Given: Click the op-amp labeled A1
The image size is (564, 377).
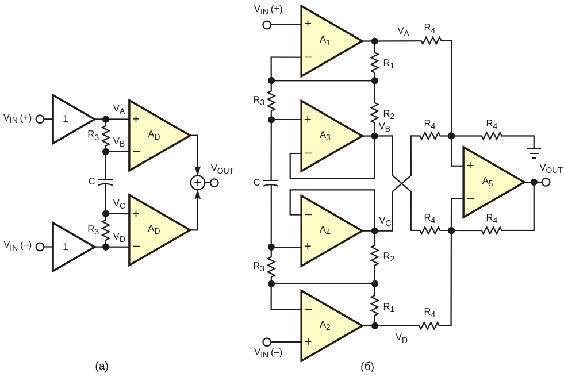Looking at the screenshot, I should click(x=328, y=41).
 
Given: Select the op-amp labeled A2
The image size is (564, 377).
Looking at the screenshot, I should click(x=328, y=325).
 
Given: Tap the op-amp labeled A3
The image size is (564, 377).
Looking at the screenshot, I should click(x=328, y=136).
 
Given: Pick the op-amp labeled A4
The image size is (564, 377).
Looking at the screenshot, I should click(x=328, y=230).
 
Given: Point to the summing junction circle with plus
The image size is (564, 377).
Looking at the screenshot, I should click(x=197, y=183).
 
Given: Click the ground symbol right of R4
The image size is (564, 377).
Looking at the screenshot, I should click(x=535, y=153).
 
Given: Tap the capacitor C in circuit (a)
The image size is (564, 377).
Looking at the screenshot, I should click(x=106, y=182).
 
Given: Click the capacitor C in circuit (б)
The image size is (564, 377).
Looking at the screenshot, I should click(x=270, y=183).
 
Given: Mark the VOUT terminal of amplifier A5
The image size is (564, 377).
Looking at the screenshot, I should click(x=544, y=183).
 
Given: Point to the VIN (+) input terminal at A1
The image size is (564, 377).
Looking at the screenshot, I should click(x=266, y=25).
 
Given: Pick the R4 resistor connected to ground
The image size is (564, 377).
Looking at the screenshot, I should click(x=492, y=136).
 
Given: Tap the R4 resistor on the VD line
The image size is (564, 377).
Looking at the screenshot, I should click(x=431, y=325).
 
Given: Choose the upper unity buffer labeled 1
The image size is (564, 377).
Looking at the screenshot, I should click(x=72, y=119).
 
